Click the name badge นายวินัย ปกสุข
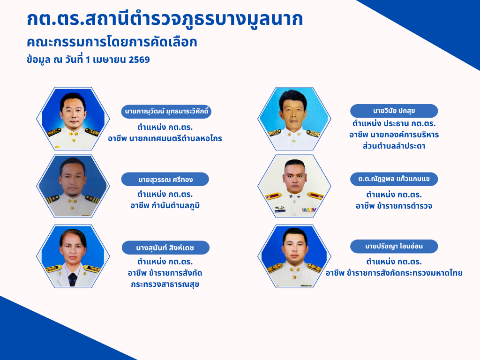point(394,111)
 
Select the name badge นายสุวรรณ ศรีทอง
point(165,180)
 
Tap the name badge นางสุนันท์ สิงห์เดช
point(165,247)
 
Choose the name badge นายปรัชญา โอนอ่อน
point(394,246)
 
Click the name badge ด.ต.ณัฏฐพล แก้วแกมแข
point(394,179)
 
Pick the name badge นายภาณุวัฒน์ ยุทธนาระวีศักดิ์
point(166,112)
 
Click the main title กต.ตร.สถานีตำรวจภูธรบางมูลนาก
point(165,19)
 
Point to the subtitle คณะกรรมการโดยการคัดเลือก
point(112,42)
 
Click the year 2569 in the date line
point(139,60)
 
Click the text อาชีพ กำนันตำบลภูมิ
point(165,205)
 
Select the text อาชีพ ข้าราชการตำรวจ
point(394,206)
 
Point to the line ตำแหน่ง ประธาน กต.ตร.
point(394,123)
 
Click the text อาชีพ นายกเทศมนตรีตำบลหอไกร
point(165,138)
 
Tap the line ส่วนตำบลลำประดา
point(394,146)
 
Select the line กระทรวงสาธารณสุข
point(165,285)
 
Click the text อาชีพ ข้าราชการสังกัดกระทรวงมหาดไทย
point(394,273)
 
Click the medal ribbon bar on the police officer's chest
point(309,210)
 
